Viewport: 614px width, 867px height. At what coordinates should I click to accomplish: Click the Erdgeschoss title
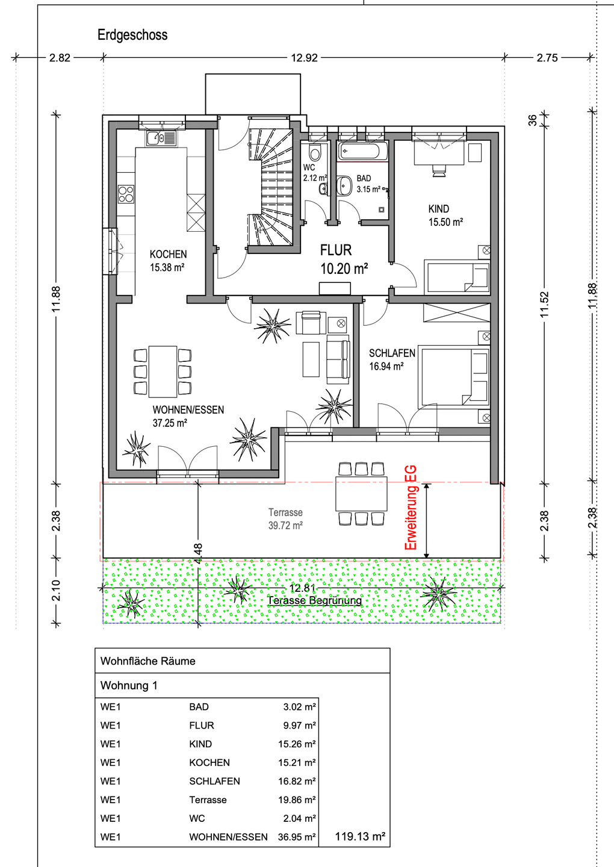coord(132,35)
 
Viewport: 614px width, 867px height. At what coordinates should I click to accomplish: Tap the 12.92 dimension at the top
coord(304,58)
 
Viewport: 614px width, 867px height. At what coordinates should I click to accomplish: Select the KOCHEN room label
coord(169,254)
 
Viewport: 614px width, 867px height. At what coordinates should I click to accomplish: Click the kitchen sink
coord(161,138)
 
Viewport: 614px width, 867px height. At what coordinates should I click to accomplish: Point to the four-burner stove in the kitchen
coord(126,194)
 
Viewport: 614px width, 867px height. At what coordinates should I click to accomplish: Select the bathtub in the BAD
coord(362,151)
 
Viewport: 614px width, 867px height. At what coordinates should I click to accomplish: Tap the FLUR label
coord(336,250)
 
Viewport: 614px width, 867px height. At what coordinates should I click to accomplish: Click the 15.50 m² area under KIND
coord(445,222)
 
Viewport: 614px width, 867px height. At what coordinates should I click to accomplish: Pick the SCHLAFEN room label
coord(392,353)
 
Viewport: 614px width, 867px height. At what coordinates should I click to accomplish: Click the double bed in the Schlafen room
coord(454,377)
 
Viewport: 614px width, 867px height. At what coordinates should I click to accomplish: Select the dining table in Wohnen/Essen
coord(163,371)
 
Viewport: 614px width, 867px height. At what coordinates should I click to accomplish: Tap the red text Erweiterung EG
coord(411,508)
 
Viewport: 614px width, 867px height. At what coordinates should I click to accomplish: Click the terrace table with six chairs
coord(361,494)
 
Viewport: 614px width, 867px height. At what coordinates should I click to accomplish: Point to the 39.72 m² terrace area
coord(285,526)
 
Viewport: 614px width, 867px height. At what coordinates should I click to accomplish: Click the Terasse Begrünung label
coord(315,601)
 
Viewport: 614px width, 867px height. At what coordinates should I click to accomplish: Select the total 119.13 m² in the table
coord(360,836)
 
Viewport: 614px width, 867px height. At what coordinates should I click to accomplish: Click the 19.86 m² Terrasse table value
coord(297,800)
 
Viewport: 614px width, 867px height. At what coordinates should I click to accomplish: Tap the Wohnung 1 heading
coord(129,685)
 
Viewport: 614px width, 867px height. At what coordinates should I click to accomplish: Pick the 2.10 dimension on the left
coord(57,591)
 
